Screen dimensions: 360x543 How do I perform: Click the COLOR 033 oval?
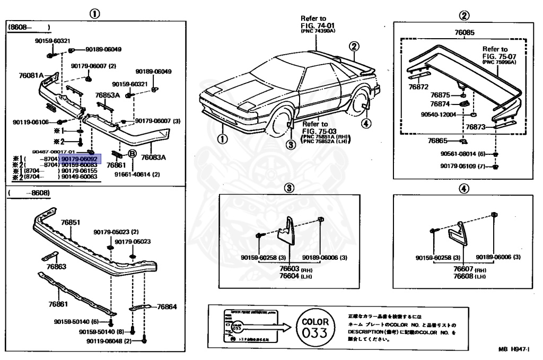(x=315, y=327)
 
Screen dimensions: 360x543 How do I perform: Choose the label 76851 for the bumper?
(x=69, y=223)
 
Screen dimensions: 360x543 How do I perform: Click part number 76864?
(x=167, y=306)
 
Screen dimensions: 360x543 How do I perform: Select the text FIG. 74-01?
(x=318, y=25)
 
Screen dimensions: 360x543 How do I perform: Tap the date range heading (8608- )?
(x=29, y=26)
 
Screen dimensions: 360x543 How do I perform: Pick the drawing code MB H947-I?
(x=513, y=349)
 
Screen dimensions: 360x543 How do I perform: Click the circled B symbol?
(x=133, y=154)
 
